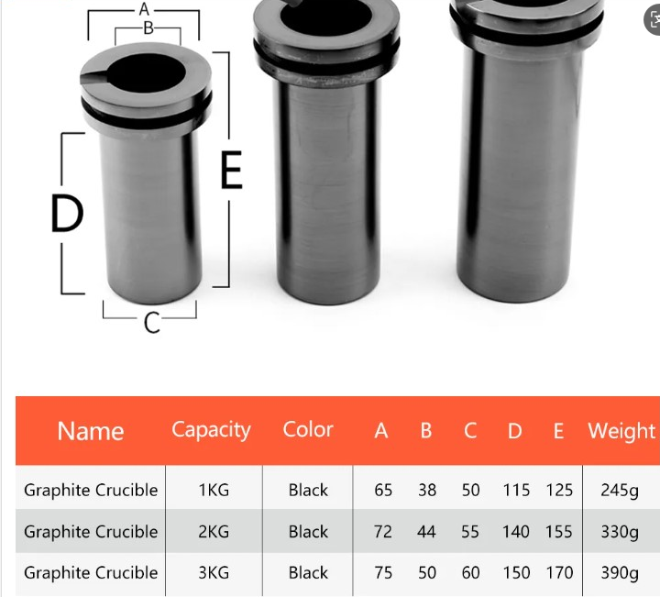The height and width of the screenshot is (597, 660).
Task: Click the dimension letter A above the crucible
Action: (x=144, y=9)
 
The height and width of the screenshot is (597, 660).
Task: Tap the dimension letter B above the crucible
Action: (x=148, y=28)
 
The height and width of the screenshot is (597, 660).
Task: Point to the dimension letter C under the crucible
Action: (x=152, y=322)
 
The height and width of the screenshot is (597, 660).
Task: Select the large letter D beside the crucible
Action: (x=67, y=215)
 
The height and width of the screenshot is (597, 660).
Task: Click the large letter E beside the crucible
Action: (x=232, y=171)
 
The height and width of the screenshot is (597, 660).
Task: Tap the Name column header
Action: (x=91, y=431)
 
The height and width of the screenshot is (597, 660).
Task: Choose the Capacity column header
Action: (x=211, y=430)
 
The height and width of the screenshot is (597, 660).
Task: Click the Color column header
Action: (x=308, y=430)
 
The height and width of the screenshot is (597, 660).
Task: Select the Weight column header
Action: (x=621, y=431)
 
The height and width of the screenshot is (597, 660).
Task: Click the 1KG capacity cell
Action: (x=214, y=490)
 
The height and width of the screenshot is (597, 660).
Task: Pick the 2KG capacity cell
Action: (x=214, y=532)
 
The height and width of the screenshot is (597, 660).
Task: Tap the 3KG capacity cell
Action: (x=214, y=573)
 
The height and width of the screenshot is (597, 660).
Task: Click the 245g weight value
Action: (x=620, y=490)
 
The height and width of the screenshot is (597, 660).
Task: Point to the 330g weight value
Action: (x=620, y=532)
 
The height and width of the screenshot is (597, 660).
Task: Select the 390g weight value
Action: (x=620, y=573)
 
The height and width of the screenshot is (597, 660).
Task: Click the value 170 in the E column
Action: (x=559, y=573)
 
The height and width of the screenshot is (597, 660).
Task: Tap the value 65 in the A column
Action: (x=383, y=490)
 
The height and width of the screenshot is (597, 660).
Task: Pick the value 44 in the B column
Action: (x=427, y=532)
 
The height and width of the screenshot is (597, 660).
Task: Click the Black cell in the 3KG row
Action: (x=308, y=573)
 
